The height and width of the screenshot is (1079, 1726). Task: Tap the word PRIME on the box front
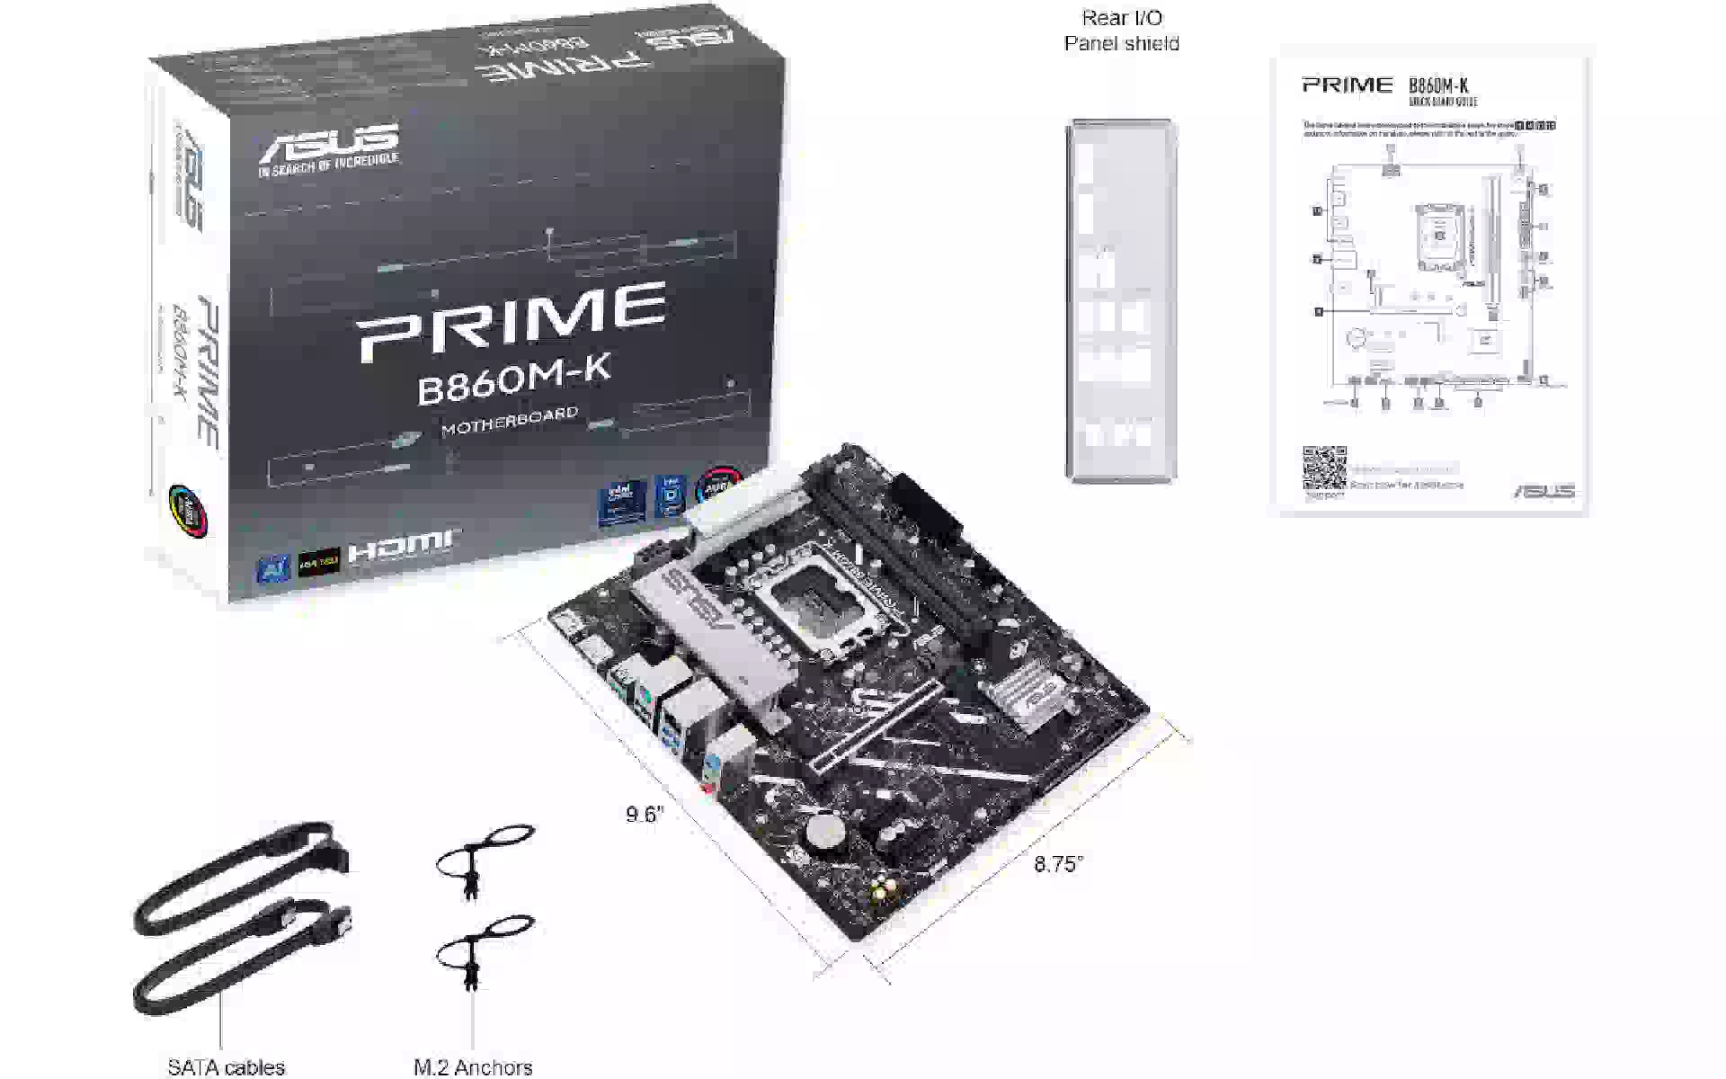pos(512,320)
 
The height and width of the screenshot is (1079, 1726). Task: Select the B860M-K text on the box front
pos(514,380)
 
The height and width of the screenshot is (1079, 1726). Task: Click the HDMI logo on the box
pos(400,545)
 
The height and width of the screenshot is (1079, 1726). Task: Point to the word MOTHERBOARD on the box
pos(510,421)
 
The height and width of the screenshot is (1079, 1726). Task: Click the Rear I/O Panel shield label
pos(1121,31)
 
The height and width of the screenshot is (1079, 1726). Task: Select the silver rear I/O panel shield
pos(1120,300)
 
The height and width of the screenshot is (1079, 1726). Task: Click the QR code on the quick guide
pos(1324,468)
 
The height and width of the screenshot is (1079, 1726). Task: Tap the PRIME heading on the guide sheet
pos(1347,85)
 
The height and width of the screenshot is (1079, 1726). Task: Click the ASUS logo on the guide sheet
pos(1544,491)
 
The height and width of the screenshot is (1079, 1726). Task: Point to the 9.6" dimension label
pos(645,815)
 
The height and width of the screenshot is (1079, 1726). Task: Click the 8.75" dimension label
pos(1058,864)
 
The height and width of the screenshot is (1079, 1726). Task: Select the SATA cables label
pos(226,1067)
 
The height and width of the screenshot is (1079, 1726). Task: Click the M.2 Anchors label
pos(473,1067)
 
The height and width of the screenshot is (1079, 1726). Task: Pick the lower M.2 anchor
pos(483,949)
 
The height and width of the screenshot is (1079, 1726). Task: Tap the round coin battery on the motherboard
pos(823,834)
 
